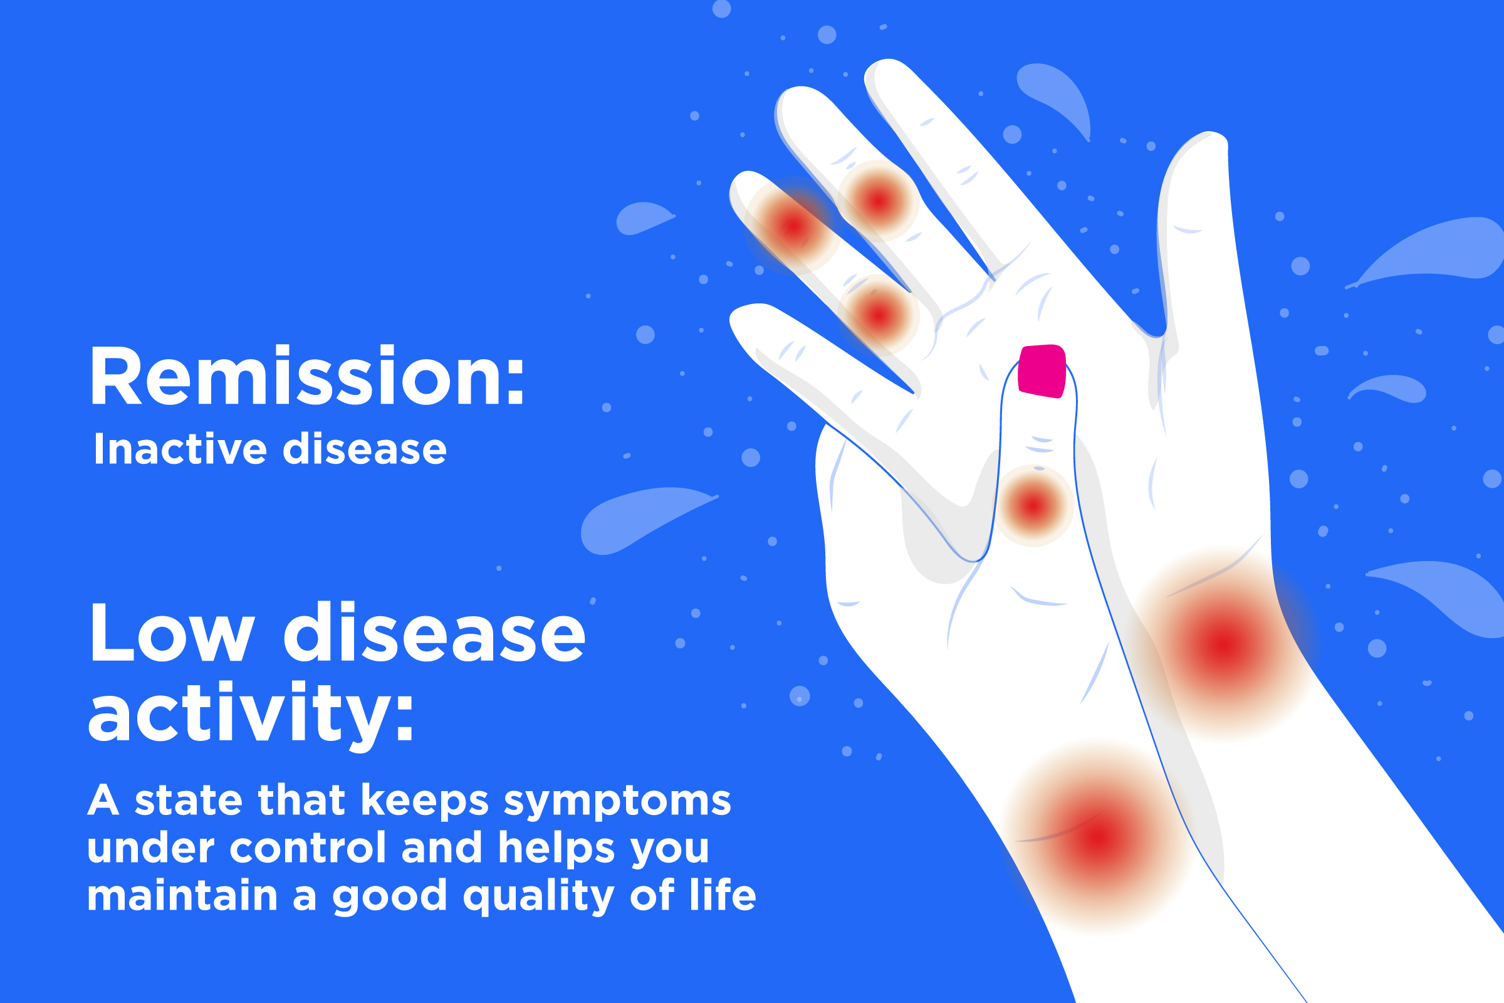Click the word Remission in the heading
pos(296,376)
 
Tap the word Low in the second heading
pos(172,633)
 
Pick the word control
pos(308,848)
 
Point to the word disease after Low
pos(434,633)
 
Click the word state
pos(189,801)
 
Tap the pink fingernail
pos(1041,371)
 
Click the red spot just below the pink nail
pos(1033,506)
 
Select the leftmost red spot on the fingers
pos(792,225)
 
